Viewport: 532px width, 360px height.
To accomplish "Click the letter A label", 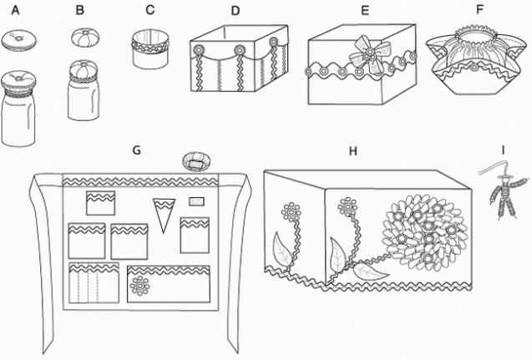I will (16, 11).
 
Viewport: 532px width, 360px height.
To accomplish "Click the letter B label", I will (79, 11).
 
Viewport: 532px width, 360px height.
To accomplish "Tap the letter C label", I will (149, 10).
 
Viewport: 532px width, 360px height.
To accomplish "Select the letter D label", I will (236, 11).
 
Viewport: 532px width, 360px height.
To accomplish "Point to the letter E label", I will (363, 11).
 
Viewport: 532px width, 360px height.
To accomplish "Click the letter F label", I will (479, 11).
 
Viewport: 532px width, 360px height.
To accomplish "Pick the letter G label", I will (136, 150).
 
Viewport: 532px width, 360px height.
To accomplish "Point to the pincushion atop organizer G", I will (198, 160).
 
